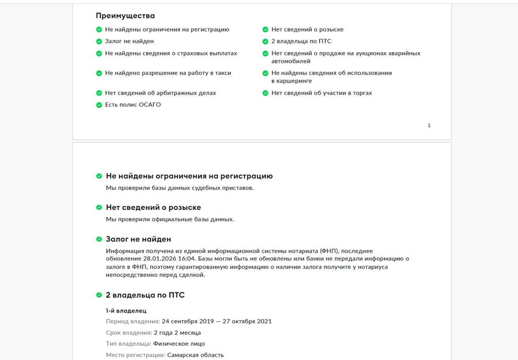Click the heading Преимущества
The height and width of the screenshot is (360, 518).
tap(125, 16)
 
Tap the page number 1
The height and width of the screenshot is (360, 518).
tap(429, 125)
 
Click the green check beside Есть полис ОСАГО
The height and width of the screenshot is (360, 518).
tap(99, 105)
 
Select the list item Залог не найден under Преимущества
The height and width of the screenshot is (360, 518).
tap(129, 41)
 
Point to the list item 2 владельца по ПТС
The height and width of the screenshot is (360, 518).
tap(301, 41)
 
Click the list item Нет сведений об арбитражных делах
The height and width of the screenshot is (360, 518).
tap(160, 93)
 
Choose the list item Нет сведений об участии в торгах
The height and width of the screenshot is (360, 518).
tap(321, 93)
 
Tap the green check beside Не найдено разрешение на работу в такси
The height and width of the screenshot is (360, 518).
tap(99, 73)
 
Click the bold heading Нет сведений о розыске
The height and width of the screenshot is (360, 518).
tap(153, 208)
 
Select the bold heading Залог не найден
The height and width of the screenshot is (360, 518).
tap(138, 239)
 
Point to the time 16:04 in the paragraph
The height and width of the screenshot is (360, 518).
tap(187, 258)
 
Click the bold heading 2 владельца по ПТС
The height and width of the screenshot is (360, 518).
tap(145, 295)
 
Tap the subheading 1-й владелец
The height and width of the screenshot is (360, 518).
tap(126, 311)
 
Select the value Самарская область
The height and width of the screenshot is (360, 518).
tap(195, 355)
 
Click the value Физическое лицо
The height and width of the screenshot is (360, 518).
tap(179, 344)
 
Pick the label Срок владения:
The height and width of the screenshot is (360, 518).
tap(129, 333)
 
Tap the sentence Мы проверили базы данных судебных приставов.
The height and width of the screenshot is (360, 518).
tap(180, 188)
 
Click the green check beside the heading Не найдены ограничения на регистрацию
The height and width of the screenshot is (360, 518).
tap(99, 176)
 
